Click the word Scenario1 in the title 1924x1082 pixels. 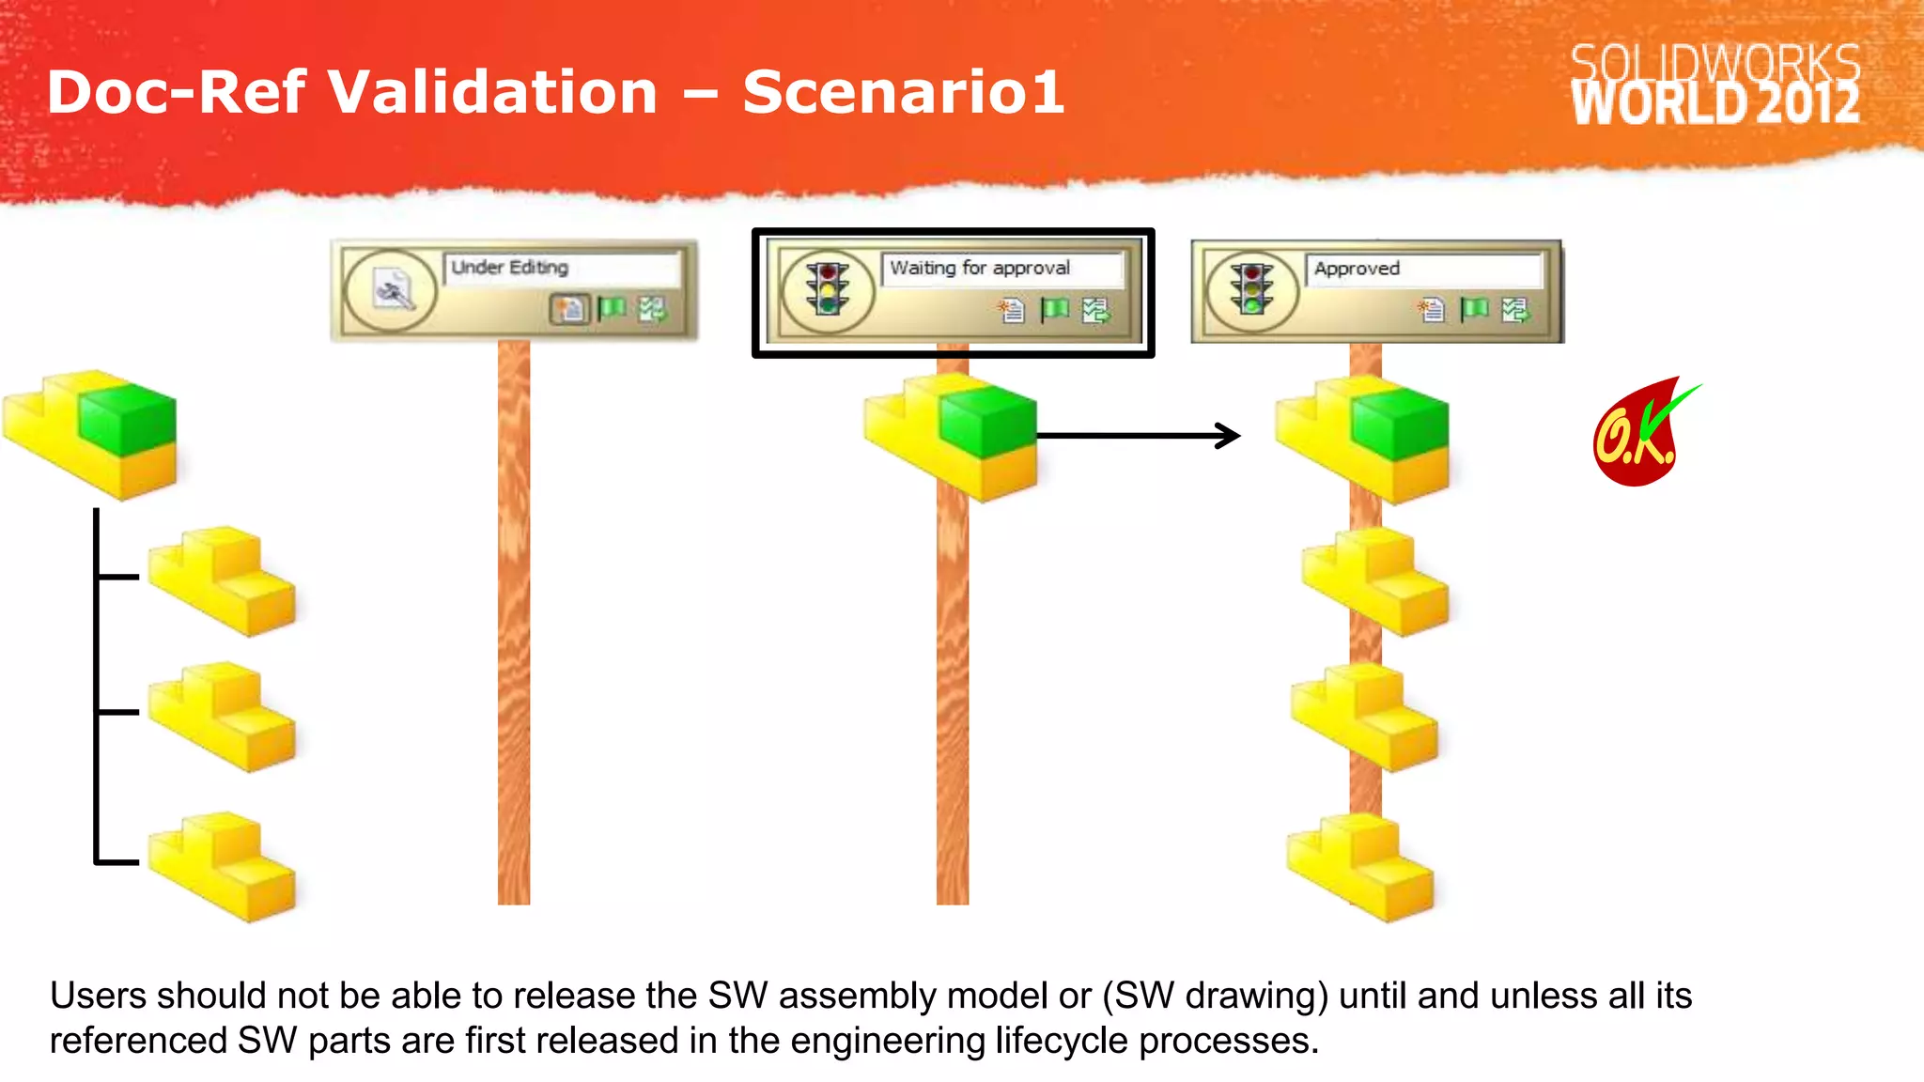coord(903,92)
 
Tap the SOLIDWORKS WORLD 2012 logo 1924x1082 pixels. coord(1715,85)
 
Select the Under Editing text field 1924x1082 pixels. coord(561,268)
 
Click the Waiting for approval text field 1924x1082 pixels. coord(1001,269)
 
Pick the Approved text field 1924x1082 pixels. coord(1422,270)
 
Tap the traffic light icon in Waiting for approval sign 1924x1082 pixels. coord(827,290)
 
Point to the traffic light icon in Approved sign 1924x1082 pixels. coord(1251,290)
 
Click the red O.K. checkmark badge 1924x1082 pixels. coord(1639,435)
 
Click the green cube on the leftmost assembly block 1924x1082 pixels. coord(128,419)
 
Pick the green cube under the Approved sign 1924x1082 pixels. coord(1401,424)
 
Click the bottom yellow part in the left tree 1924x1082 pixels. coord(224,865)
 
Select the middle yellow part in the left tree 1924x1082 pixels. coord(224,716)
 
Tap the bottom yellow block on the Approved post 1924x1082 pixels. coord(1360,865)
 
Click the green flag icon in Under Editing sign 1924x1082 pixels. coord(612,308)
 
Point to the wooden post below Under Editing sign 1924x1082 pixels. coord(514,620)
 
